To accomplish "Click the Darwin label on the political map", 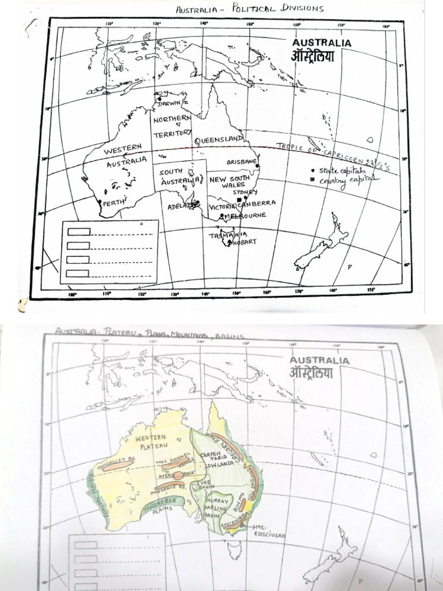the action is click(170, 103).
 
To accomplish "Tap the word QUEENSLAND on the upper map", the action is click(218, 140).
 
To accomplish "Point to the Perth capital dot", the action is click(100, 202).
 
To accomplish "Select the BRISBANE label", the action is click(241, 162).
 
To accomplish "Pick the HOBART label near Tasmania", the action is click(243, 242).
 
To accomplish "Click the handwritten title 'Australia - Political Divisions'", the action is click(249, 8).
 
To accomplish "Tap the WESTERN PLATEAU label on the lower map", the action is click(152, 442).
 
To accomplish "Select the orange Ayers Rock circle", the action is click(179, 476).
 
